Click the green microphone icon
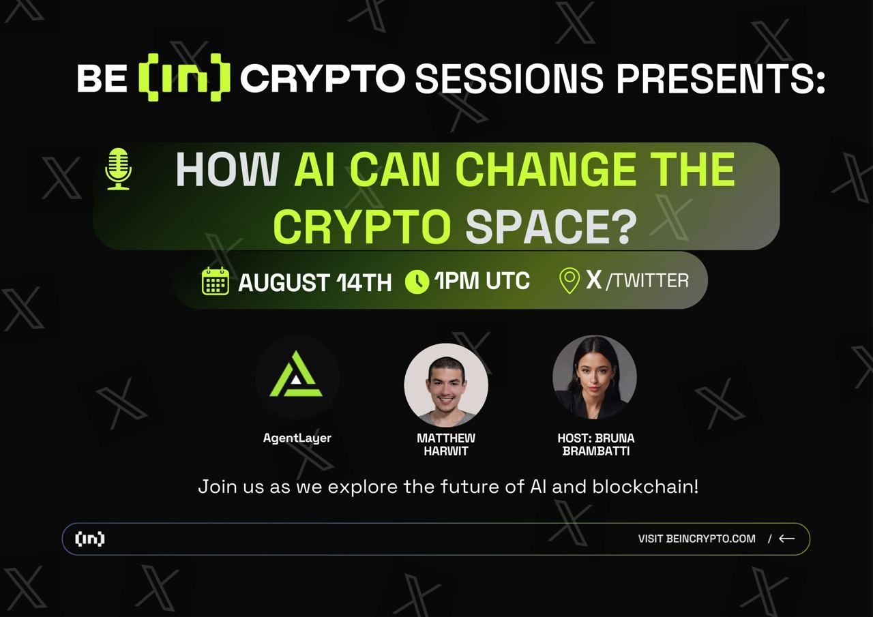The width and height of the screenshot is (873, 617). tap(118, 168)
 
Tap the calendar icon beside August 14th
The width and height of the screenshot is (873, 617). tap(215, 281)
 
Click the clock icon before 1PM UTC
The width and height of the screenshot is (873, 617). tap(417, 282)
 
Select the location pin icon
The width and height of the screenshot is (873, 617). tap(569, 281)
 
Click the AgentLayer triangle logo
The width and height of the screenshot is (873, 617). tap(297, 376)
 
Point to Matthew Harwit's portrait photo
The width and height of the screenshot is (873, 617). tap(446, 385)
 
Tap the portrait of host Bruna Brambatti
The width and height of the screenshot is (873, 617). tap(594, 377)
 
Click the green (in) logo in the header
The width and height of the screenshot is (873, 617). tap(183, 79)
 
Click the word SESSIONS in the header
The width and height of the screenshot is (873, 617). tap(509, 78)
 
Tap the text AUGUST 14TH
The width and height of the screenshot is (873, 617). tap(314, 282)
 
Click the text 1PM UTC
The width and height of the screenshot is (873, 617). tap(482, 280)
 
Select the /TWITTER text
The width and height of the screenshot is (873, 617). tap(647, 280)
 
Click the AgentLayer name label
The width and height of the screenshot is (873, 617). tap(297, 438)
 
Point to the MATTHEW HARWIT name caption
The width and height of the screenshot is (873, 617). tap(446, 444)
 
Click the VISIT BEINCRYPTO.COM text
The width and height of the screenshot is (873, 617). tap(696, 539)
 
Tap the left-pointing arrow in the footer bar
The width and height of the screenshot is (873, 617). tap(787, 539)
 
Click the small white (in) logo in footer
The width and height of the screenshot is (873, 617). tap(90, 539)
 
